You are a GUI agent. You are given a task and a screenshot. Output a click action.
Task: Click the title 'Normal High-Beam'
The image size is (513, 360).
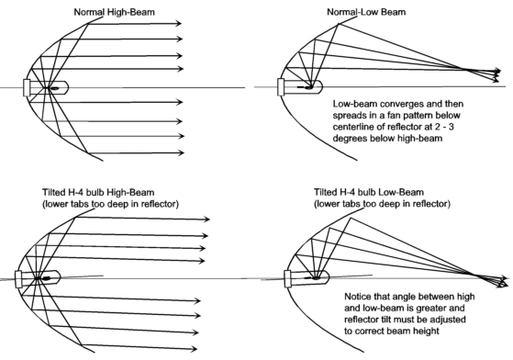coord(114,13)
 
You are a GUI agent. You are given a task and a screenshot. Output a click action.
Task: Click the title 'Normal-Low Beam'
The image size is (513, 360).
coord(366,12)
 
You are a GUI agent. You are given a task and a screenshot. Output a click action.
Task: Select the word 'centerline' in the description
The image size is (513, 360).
coord(352,127)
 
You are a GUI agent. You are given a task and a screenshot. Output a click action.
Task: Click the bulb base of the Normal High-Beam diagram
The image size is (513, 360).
coord(27,88)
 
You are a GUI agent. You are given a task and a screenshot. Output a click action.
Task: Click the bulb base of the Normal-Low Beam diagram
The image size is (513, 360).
coord(281,87)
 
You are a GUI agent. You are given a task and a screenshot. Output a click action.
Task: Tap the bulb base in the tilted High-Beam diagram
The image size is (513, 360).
coord(18,279)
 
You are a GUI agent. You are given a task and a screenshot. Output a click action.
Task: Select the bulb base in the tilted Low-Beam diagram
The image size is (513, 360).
coord(288,279)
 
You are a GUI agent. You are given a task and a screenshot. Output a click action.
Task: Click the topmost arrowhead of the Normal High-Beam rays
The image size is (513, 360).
coord(179,23)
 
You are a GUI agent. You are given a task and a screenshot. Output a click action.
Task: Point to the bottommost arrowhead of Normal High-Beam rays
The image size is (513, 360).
coord(180,152)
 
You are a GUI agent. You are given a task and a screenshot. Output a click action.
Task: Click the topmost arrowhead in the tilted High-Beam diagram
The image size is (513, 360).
coord(206,219)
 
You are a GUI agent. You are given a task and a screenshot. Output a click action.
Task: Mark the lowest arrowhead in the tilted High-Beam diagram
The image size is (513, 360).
coord(194,349)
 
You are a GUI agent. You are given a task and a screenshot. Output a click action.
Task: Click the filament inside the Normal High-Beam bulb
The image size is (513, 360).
coord(54,88)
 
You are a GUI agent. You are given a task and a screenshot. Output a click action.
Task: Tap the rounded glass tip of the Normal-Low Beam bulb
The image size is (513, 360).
coord(319,86)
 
